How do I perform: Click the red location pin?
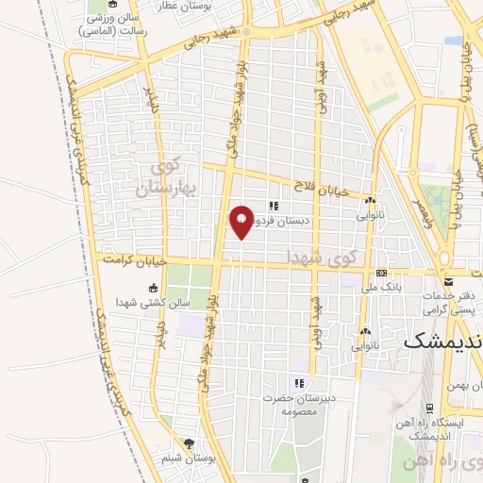pyautogui.click(x=242, y=221)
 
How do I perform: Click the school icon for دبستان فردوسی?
pyautogui.click(x=274, y=207)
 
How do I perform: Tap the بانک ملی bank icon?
pyautogui.click(x=380, y=272)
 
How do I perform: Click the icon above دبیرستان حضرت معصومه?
pyautogui.click(x=299, y=383)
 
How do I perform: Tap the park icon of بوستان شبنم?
pyautogui.click(x=189, y=443)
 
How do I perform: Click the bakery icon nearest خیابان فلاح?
pyautogui.click(x=371, y=202)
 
